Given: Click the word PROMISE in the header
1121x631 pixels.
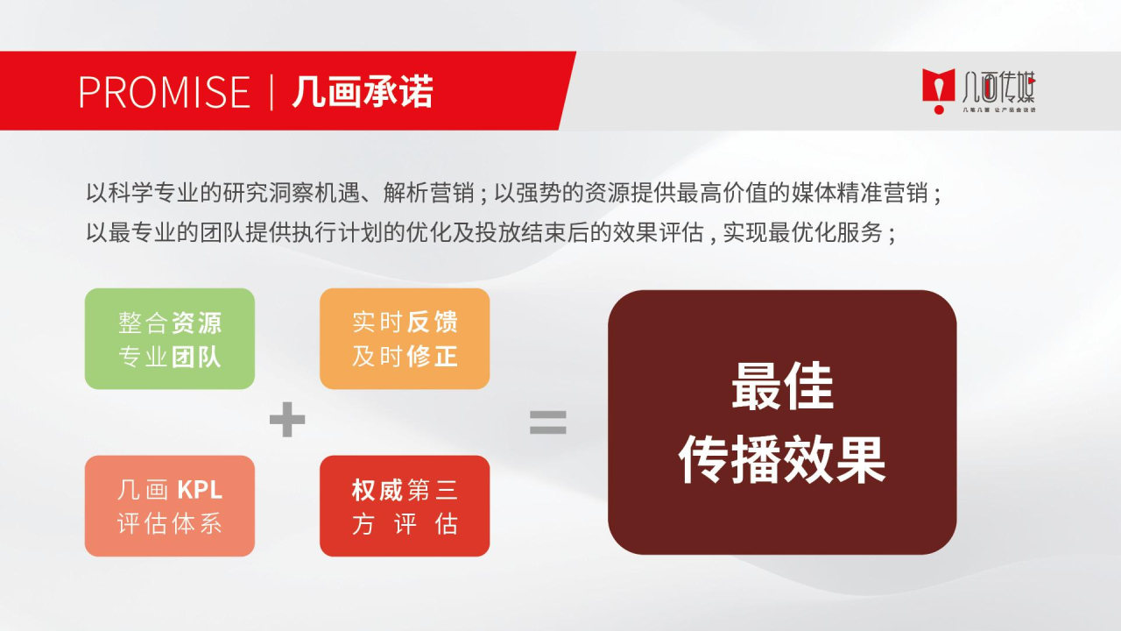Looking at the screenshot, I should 164,91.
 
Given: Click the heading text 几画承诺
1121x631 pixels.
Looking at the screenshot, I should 363,91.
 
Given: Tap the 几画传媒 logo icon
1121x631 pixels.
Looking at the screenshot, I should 938,89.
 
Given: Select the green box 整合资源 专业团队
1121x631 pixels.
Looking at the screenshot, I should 169,338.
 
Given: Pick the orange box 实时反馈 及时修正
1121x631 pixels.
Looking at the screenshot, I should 404,338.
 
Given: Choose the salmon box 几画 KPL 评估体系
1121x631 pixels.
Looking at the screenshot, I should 169,506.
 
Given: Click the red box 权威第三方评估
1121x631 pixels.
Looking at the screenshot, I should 404,506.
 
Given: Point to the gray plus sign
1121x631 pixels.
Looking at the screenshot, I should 286,422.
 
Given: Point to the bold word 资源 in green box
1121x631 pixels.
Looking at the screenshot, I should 196,323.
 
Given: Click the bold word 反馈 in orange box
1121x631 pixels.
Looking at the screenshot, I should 432,323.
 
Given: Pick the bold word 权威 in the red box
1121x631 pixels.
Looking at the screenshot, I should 377,490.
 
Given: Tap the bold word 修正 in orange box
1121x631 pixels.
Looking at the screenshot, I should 432,356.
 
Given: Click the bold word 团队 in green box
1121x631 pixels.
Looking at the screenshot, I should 196,356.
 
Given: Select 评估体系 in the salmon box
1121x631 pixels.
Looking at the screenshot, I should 169,523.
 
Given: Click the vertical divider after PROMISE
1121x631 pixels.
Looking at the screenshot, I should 271,91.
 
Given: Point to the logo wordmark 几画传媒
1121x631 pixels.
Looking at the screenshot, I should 998,87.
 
